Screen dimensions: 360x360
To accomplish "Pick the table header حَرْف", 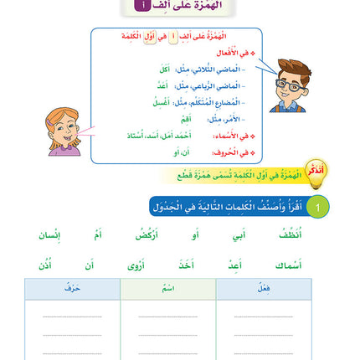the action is tap(71, 289).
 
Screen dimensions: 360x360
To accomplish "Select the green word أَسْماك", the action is tap(289, 265).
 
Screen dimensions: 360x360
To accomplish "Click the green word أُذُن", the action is tap(44, 265).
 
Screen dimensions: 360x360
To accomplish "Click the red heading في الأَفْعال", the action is tap(234, 54).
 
